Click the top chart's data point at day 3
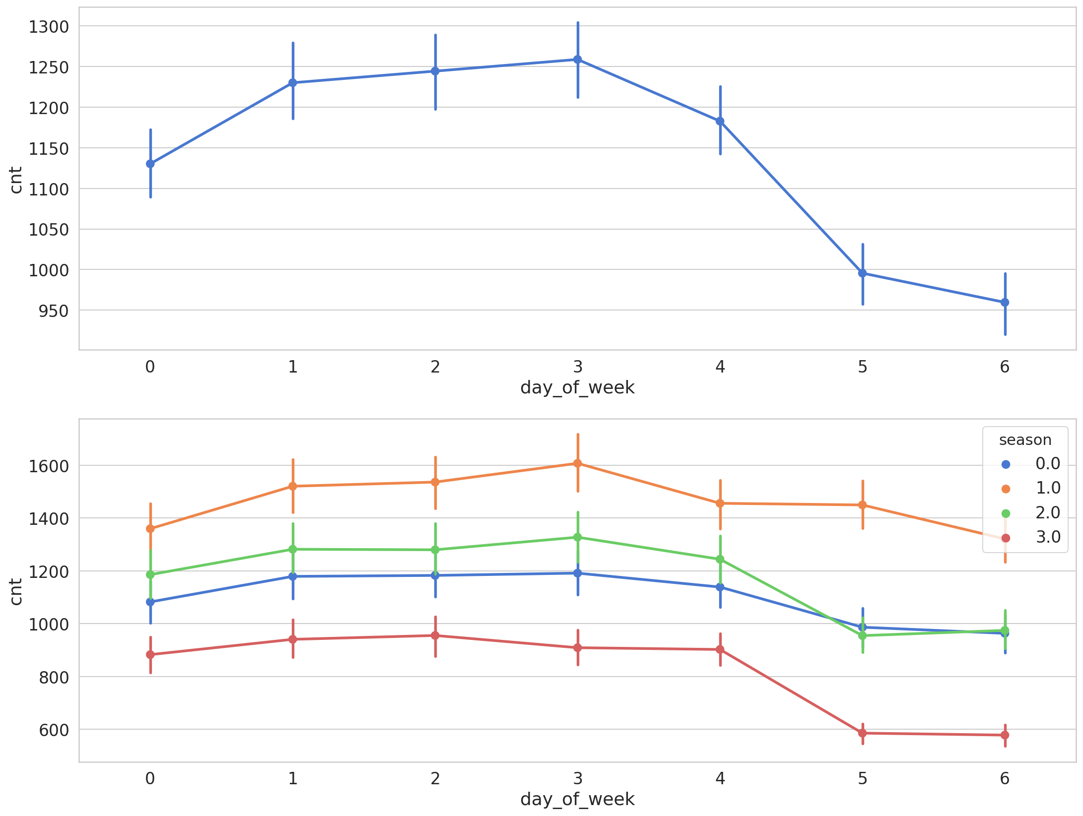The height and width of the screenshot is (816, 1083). [x=578, y=60]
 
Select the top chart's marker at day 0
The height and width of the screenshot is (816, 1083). [x=150, y=164]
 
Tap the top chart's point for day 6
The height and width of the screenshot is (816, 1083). [x=1005, y=302]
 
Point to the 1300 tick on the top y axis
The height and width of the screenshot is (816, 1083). [x=49, y=27]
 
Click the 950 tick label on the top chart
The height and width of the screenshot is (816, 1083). [x=54, y=311]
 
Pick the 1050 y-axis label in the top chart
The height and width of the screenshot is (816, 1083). [x=49, y=230]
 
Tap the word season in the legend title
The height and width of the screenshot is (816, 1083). [x=1025, y=440]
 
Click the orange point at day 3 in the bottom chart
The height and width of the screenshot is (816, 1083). [x=578, y=463]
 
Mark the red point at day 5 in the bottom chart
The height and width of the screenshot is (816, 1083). [x=863, y=733]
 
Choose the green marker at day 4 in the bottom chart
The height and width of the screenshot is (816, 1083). [x=720, y=559]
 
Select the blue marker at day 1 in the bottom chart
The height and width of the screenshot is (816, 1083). [x=293, y=576]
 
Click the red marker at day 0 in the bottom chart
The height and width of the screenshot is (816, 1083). [x=150, y=655]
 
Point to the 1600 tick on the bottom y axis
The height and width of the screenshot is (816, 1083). [x=49, y=466]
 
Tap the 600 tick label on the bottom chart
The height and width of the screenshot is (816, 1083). [x=54, y=730]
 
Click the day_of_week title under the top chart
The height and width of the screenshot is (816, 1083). [x=577, y=387]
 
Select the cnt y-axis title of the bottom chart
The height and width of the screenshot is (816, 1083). [x=16, y=592]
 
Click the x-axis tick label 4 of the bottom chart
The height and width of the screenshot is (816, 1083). [x=720, y=779]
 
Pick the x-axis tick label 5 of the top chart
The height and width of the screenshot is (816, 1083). [x=863, y=367]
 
